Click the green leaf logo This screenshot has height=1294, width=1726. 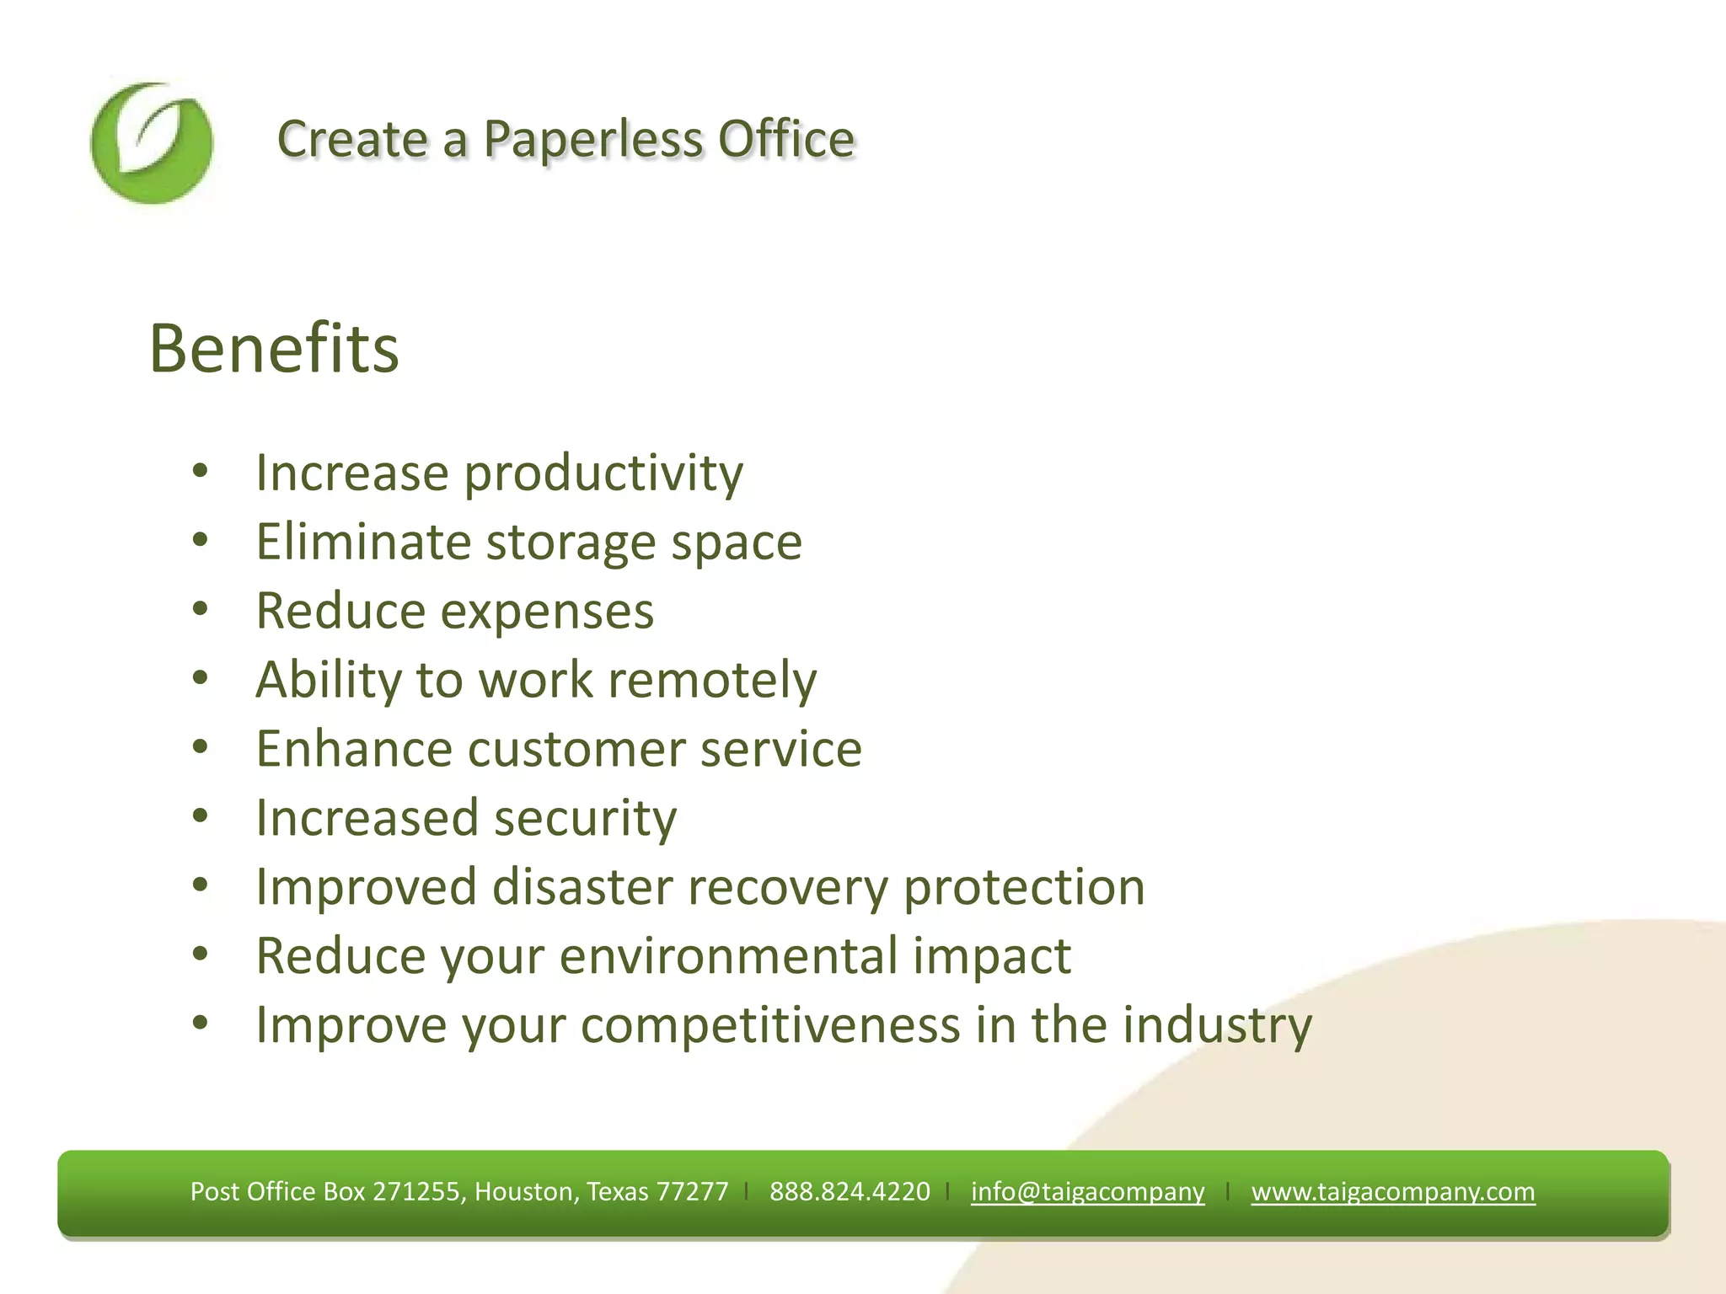click(x=152, y=143)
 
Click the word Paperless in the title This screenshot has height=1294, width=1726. click(x=592, y=139)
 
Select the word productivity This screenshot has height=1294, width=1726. click(x=603, y=473)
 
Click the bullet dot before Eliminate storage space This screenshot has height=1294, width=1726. click(x=200, y=539)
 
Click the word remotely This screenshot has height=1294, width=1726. click(x=712, y=681)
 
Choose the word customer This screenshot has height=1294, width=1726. click(x=576, y=750)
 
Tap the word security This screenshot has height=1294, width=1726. click(x=585, y=819)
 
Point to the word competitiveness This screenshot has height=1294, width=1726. click(x=770, y=1025)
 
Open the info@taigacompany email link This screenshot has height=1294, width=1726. click(x=1087, y=1191)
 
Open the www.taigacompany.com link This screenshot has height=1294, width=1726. click(x=1392, y=1191)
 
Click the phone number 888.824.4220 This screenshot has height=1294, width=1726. click(x=849, y=1191)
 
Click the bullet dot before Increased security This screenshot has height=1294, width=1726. click(x=200, y=815)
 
